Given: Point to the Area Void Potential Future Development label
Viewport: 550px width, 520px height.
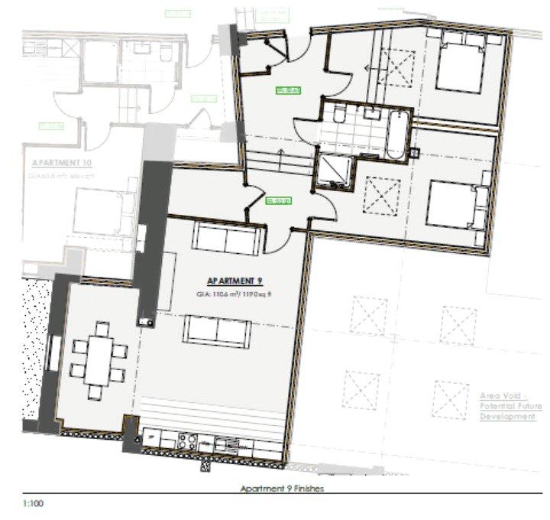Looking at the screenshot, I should pyautogui.click(x=510, y=406).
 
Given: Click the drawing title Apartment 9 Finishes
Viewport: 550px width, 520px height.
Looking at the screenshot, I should pyautogui.click(x=282, y=489).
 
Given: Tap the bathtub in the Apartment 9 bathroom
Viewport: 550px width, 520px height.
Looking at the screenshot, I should pyautogui.click(x=398, y=134).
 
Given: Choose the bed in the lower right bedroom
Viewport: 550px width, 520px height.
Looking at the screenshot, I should pyautogui.click(x=455, y=204).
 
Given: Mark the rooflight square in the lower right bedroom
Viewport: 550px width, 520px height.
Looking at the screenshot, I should pyautogui.click(x=377, y=194).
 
